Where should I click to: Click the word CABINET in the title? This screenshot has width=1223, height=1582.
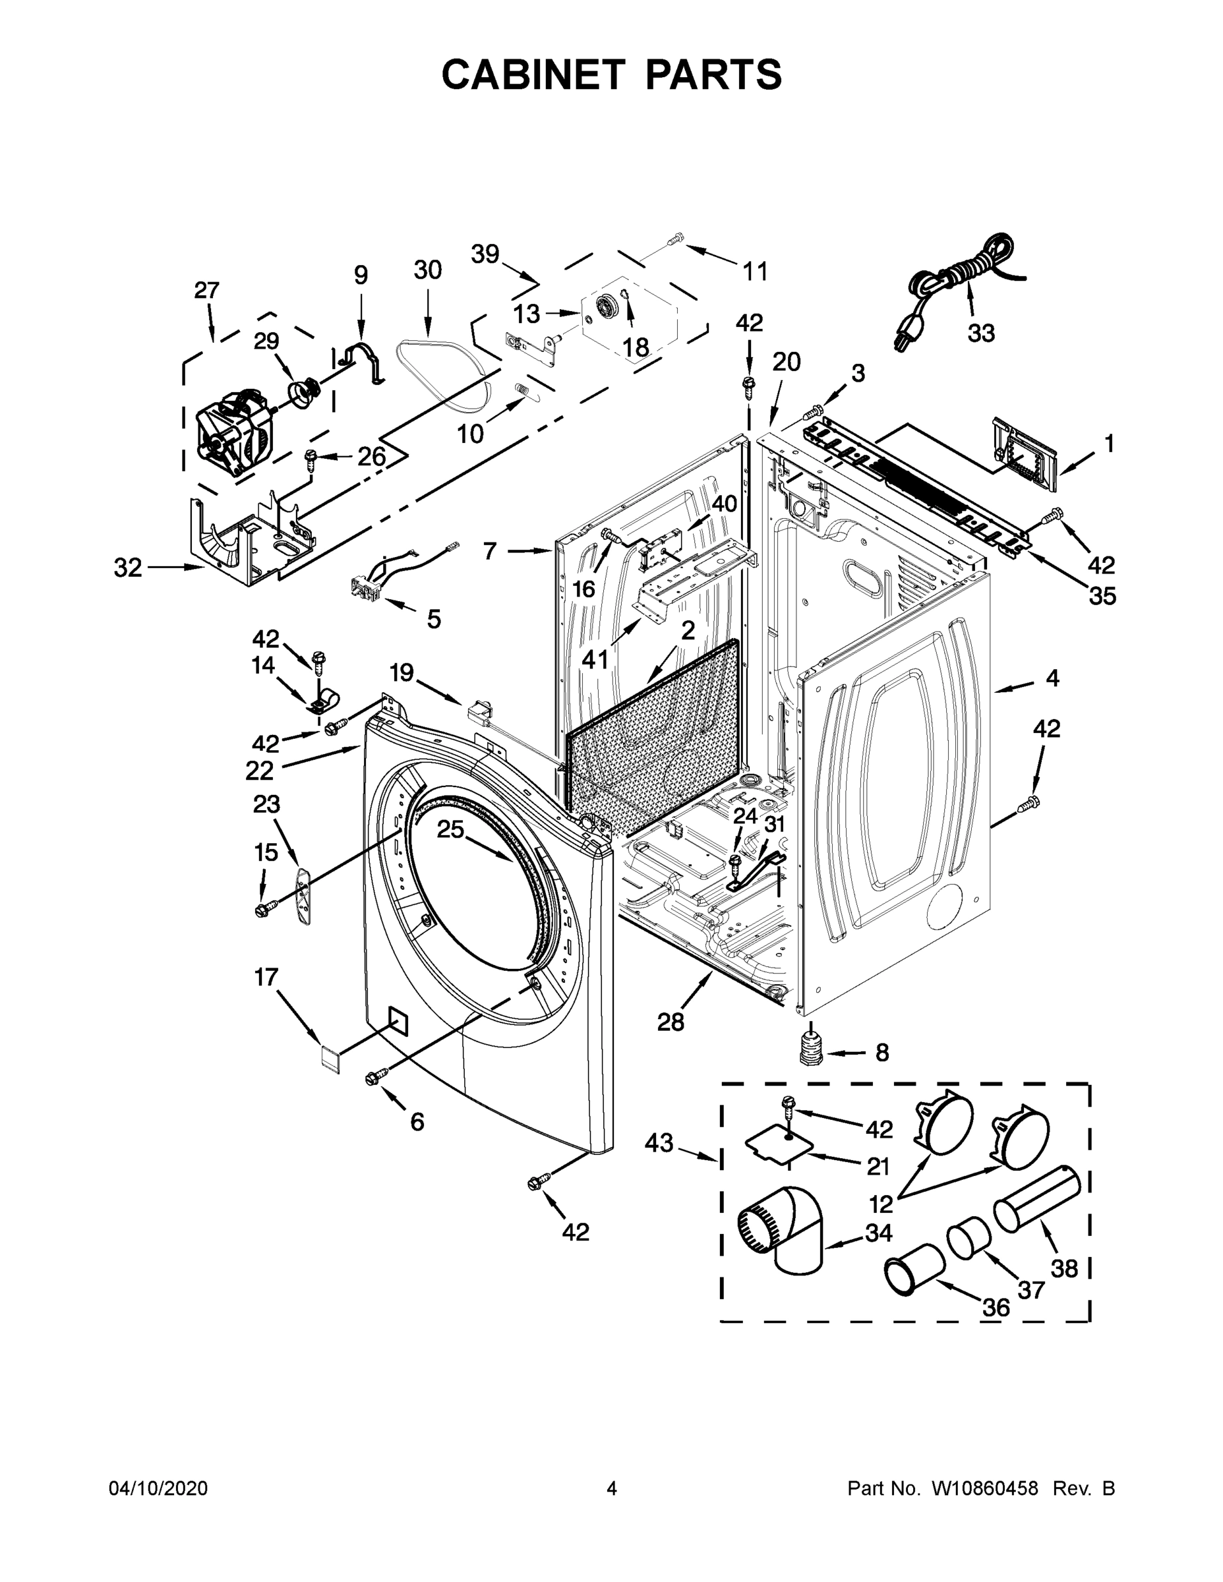click(533, 74)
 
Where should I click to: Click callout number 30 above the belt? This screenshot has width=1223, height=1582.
click(427, 270)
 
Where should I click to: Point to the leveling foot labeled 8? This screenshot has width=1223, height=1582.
click(812, 1048)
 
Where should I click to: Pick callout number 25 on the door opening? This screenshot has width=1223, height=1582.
click(450, 829)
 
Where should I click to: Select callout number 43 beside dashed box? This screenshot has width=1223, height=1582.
click(659, 1144)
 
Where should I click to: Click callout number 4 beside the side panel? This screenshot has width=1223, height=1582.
click(1052, 679)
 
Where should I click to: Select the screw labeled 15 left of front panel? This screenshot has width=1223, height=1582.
click(266, 907)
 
